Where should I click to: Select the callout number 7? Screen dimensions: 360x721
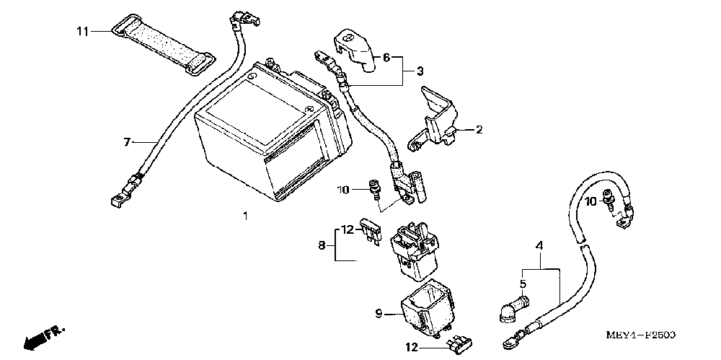127,143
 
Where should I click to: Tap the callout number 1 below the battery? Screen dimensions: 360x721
246,216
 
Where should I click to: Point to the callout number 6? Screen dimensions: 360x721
386,57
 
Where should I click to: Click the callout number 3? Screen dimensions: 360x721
419,71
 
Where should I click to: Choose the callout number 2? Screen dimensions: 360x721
478,130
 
